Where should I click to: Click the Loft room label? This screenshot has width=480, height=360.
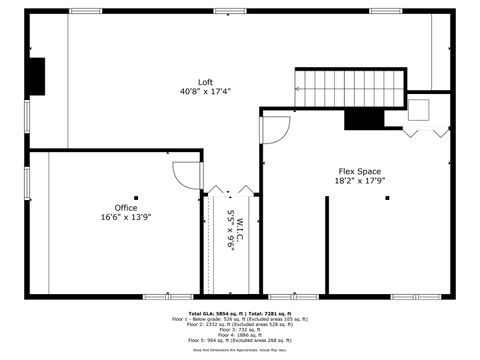pos(205,82)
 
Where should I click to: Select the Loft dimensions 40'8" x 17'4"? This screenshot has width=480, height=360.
pos(205,91)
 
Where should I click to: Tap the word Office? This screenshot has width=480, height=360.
pos(126,208)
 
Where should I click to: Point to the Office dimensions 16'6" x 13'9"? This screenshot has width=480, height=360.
pos(126,217)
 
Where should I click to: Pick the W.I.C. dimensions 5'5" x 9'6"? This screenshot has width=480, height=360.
pos(230,230)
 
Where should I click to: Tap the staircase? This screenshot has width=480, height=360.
pos(350,86)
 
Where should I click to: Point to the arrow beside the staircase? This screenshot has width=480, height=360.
pos(299,88)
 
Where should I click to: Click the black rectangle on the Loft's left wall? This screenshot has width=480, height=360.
pos(36,76)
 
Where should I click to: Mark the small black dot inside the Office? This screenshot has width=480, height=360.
pos(137,198)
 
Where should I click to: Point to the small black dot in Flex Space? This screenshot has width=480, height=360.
pos(388,198)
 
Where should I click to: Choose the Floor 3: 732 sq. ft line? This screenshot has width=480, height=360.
pos(240,329)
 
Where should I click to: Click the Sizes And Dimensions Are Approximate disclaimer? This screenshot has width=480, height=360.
pos(240,350)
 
